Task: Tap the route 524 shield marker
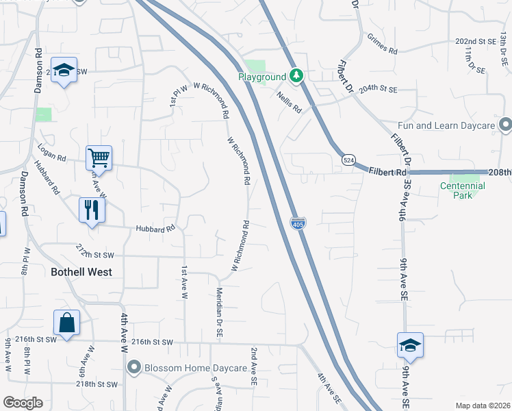tap(349, 159)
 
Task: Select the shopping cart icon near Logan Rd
tap(99, 158)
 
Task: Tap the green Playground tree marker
tap(296, 75)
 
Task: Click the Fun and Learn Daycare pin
tap(505, 125)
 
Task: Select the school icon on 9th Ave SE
tap(410, 345)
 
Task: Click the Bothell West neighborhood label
tap(81, 271)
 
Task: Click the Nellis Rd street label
tap(290, 103)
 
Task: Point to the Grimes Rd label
tap(381, 45)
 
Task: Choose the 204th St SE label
tap(378, 89)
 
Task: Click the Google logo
tap(23, 402)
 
